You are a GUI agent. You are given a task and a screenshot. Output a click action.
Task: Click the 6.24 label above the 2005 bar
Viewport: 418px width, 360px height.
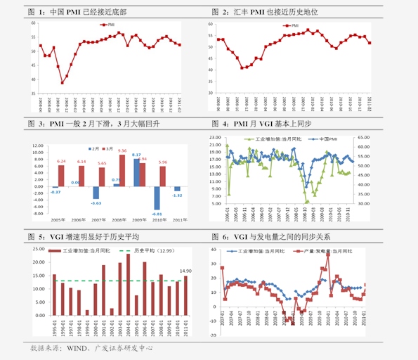(x=60, y=161)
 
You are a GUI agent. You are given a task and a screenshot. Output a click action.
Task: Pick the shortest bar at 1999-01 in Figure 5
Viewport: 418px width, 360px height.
(x=87, y=312)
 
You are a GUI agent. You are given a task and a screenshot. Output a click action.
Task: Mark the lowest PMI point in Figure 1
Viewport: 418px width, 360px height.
(x=63, y=83)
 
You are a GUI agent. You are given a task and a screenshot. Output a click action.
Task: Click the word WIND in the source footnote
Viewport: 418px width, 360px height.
(x=76, y=348)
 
